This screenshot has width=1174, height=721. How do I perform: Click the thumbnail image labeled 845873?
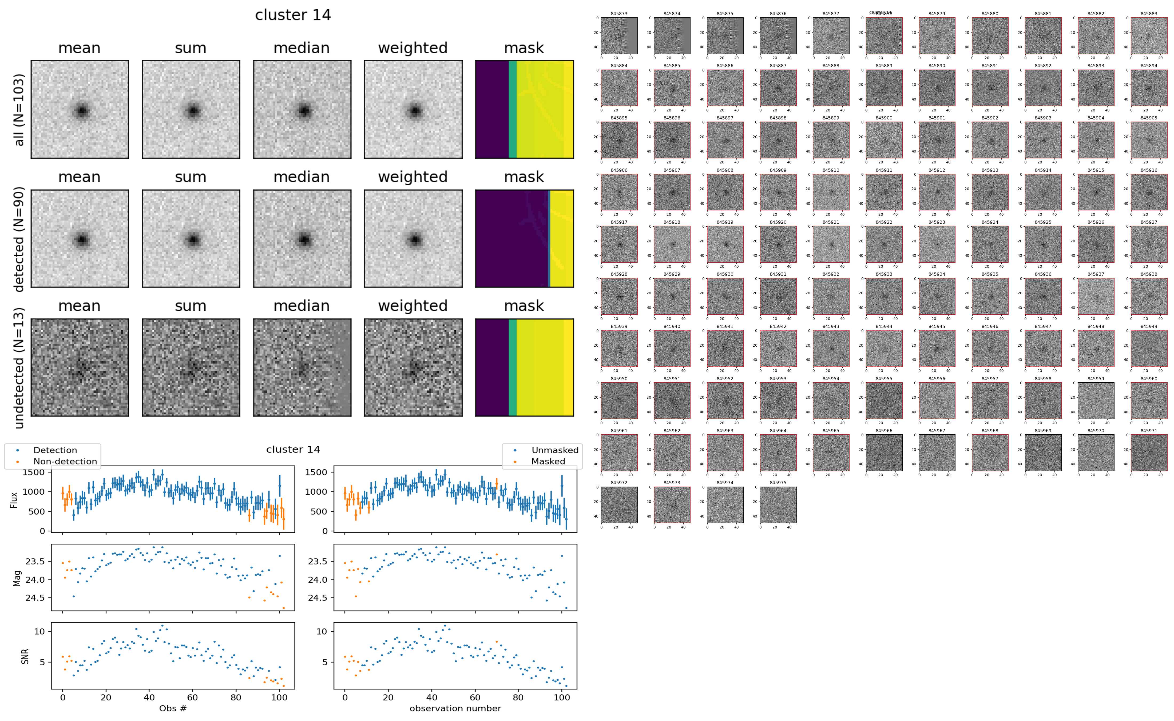coord(619,36)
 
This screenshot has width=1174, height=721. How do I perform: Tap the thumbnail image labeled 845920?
coord(778,244)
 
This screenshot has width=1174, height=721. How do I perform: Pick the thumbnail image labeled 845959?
coord(1096,400)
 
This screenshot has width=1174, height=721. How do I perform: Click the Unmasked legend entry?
coord(554,450)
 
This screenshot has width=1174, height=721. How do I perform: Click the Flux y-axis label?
coord(14,499)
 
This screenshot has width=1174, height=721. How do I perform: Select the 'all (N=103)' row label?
coord(19,110)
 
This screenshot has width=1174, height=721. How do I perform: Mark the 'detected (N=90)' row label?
coord(19,238)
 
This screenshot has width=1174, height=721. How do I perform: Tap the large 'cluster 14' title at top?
coord(293,15)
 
